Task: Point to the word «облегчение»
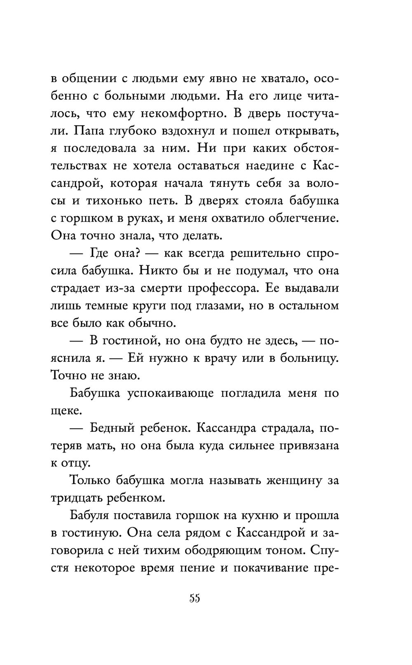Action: point(296,219)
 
